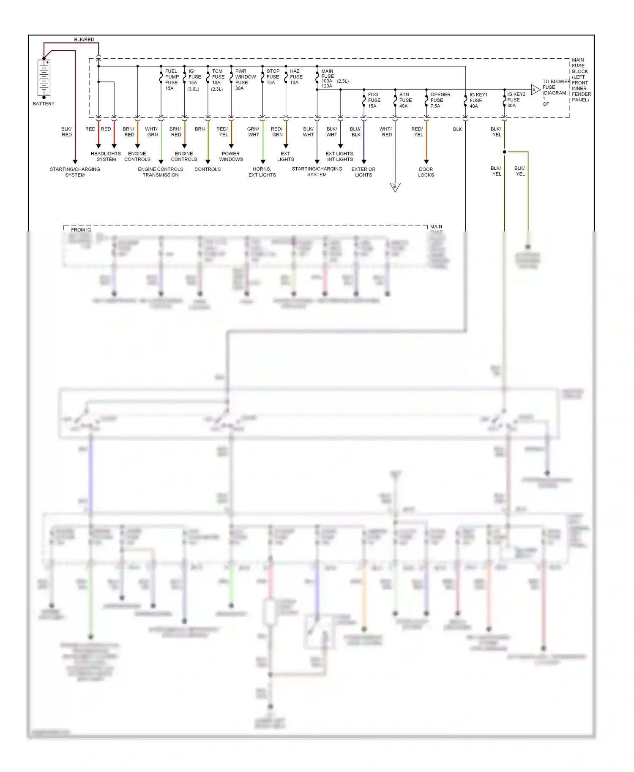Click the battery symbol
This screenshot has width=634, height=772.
point(44,78)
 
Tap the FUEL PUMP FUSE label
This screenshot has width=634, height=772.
point(171,79)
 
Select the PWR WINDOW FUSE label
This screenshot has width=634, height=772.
point(245,79)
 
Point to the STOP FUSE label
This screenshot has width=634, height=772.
point(273,77)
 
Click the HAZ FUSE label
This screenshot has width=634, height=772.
point(296,77)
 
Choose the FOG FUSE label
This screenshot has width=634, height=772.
point(374,100)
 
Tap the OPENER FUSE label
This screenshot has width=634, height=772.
point(440,100)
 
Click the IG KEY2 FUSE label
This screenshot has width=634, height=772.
point(516,100)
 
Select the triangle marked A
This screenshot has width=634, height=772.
point(535,90)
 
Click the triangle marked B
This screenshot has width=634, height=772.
point(395,187)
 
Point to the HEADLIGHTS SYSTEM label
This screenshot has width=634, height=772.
point(106,156)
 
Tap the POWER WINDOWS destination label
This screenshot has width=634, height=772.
point(231,156)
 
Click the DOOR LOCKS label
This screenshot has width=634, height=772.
point(426,172)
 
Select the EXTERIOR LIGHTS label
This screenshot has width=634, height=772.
point(363,172)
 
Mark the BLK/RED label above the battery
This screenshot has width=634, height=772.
point(84,40)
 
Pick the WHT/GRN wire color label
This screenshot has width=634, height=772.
point(152,132)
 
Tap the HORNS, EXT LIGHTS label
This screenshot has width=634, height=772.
point(262,172)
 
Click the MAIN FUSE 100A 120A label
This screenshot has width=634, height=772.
point(327,79)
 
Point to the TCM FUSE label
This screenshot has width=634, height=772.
point(218,80)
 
